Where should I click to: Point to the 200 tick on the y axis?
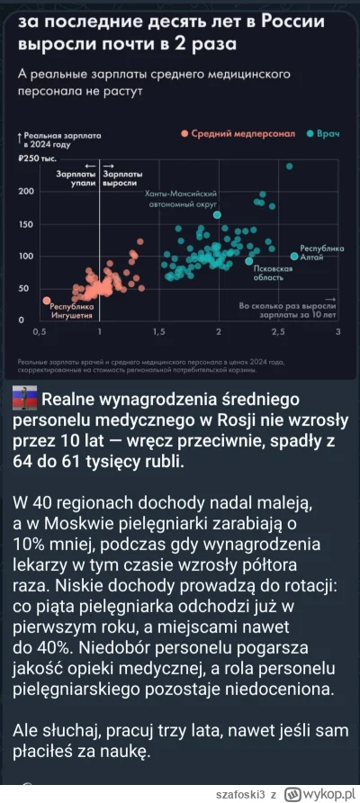26,192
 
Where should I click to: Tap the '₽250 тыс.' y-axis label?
36,158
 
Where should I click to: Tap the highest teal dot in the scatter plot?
289,167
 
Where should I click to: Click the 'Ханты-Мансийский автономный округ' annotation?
184,199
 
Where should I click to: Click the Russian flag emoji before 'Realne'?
25,401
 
